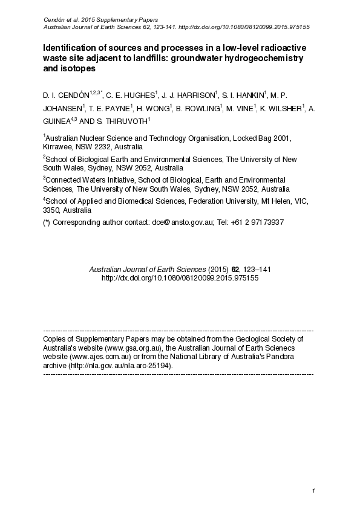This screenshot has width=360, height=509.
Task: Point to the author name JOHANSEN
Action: (x=62, y=109)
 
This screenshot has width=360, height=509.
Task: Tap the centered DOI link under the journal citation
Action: (x=180, y=278)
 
